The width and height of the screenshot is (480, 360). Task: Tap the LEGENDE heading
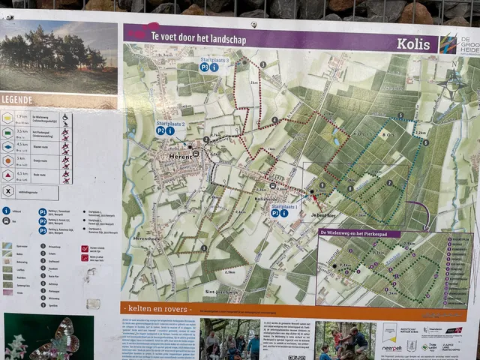(x=18, y=99)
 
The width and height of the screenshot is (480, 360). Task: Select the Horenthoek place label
(x=148, y=238)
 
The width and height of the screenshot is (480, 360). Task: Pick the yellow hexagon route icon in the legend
(x=7, y=118)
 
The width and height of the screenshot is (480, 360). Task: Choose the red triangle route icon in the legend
(x=7, y=175)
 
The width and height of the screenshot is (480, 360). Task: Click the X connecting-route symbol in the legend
(x=7, y=190)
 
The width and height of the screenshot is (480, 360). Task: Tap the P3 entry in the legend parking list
(x=43, y=230)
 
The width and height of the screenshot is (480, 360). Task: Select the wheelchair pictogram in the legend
(x=66, y=118)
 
